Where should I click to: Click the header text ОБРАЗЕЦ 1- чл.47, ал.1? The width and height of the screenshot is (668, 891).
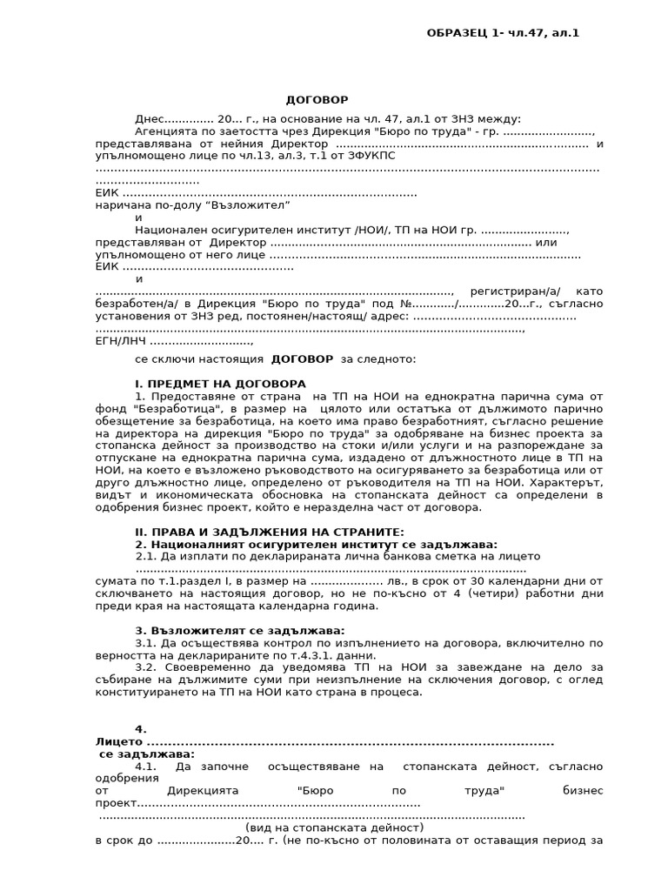(x=502, y=33)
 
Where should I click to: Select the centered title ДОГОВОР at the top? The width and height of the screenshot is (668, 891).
(x=317, y=100)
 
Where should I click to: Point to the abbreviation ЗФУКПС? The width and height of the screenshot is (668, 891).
(x=371, y=155)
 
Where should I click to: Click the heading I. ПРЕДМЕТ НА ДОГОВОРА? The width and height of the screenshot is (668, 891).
(x=220, y=383)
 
